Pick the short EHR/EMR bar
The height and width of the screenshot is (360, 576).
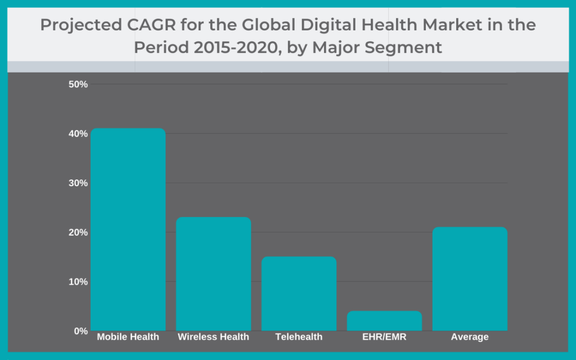pos(384,321)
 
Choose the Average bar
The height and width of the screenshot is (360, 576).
pos(470,279)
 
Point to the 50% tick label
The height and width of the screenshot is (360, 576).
pos(78,84)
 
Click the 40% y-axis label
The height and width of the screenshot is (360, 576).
pos(78,134)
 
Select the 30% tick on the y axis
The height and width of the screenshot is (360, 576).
pos(78,183)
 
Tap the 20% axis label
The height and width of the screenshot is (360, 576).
pos(78,232)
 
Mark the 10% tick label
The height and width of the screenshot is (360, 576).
pos(78,281)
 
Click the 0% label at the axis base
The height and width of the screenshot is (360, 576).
pos(80,331)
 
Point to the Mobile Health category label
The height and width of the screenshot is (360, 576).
pos(128,337)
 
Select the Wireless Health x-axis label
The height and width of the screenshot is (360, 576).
pos(213,337)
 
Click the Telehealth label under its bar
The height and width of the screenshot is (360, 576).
pos(299,337)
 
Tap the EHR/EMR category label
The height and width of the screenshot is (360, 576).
pos(384,337)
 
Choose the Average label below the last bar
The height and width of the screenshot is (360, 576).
pos(470,337)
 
